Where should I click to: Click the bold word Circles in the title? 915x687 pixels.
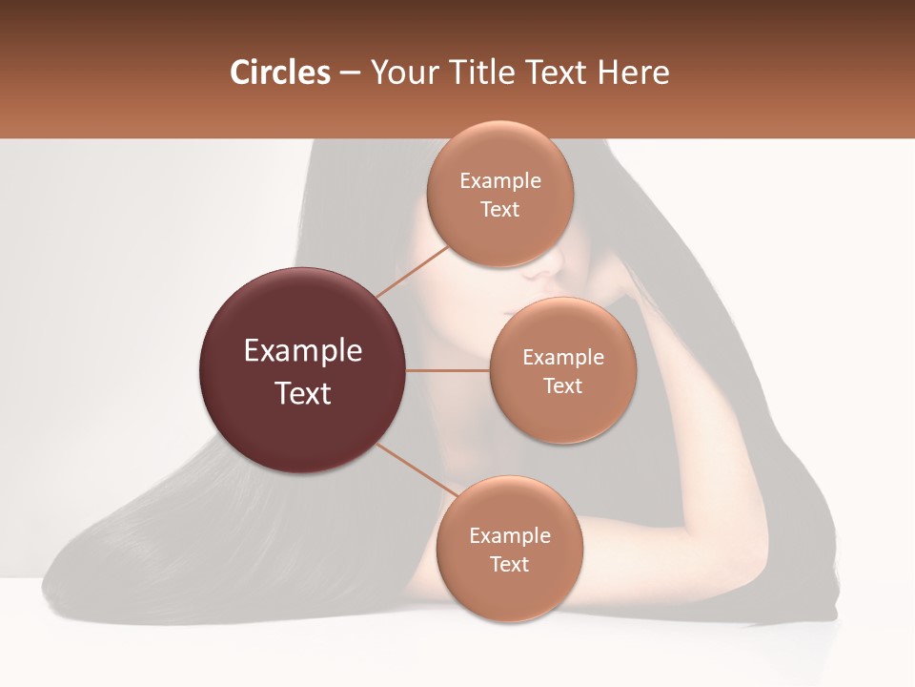[279, 73]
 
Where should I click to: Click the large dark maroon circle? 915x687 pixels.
[302, 370]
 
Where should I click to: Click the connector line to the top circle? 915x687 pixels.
[412, 271]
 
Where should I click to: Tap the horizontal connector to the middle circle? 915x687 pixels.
[448, 370]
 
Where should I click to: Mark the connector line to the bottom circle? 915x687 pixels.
[417, 471]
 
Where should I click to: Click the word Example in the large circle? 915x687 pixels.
[302, 351]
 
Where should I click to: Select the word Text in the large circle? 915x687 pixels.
[302, 393]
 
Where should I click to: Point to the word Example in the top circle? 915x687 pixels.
[500, 181]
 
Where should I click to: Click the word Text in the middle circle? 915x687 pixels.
[562, 386]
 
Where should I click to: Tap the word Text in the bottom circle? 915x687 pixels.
[509, 565]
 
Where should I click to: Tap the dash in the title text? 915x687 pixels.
[350, 73]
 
